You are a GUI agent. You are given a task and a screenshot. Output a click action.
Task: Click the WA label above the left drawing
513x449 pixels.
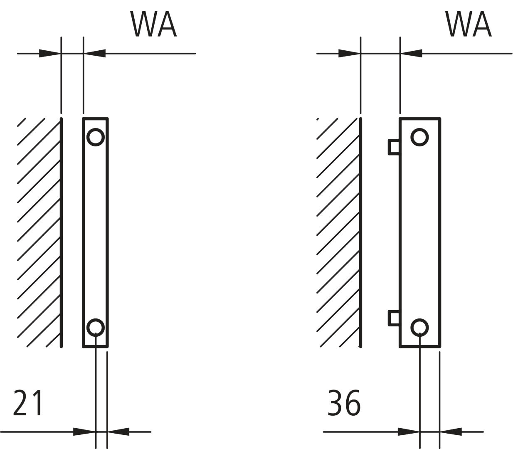154,24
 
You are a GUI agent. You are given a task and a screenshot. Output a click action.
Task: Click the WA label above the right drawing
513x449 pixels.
469,24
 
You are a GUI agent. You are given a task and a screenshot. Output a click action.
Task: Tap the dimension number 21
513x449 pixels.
28,403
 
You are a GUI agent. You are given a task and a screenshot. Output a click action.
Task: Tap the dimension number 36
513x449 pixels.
344,403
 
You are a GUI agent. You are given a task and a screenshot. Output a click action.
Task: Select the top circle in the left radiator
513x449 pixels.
96,137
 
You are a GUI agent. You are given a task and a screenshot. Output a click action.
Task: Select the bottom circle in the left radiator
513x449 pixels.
96,327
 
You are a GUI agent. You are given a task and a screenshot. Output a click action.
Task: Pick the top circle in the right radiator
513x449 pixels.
419,137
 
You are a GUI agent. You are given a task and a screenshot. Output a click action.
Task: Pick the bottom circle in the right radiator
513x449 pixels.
419,327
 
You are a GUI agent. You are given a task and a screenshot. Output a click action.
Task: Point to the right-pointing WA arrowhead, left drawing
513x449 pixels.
50,54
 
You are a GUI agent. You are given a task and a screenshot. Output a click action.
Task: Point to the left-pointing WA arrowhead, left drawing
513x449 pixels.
95,54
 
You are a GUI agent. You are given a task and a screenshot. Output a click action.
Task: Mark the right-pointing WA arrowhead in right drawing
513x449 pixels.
349,54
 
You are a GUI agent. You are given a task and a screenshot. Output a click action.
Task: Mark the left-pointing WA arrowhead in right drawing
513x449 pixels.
412,54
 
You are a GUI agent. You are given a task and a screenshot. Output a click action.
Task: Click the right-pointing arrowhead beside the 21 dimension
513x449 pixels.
84,432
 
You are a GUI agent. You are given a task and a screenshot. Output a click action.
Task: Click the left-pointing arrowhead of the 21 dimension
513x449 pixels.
118,432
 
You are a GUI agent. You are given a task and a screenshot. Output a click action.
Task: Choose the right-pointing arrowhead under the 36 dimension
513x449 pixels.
408,432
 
